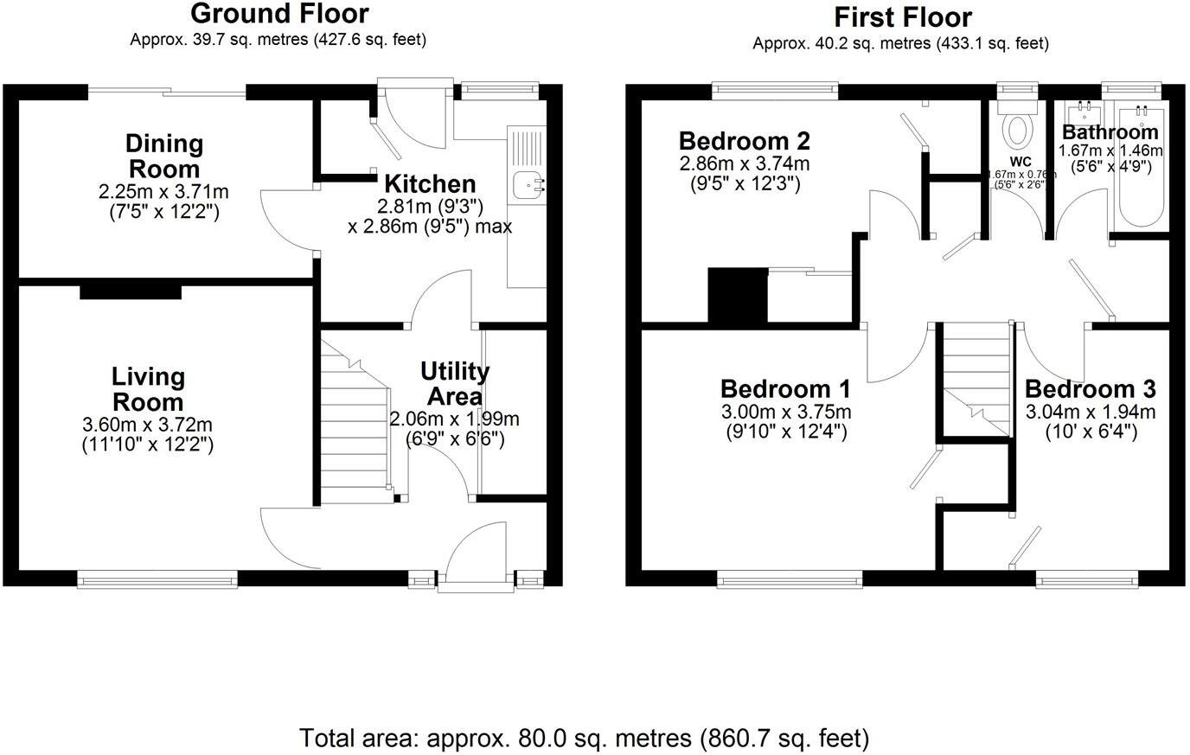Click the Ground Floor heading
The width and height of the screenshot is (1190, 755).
click(278, 14)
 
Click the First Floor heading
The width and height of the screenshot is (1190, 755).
click(902, 16)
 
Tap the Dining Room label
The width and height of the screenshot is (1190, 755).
click(164, 156)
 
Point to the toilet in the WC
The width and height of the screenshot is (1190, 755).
click(1017, 128)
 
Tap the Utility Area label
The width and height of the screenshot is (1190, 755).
click(455, 384)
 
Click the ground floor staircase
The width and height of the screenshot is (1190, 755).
click(356, 424)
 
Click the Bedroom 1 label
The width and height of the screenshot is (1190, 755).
click(784, 388)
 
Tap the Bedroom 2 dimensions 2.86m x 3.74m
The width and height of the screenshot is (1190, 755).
click(744, 163)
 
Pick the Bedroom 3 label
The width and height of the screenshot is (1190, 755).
click(1090, 389)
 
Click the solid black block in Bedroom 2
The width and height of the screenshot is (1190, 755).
click(738, 295)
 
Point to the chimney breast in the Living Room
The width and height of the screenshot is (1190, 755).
click(131, 291)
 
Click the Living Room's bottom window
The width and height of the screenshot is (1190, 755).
click(157, 579)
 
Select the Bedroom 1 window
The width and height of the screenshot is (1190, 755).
click(789, 579)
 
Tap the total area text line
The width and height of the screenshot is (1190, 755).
click(584, 738)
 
